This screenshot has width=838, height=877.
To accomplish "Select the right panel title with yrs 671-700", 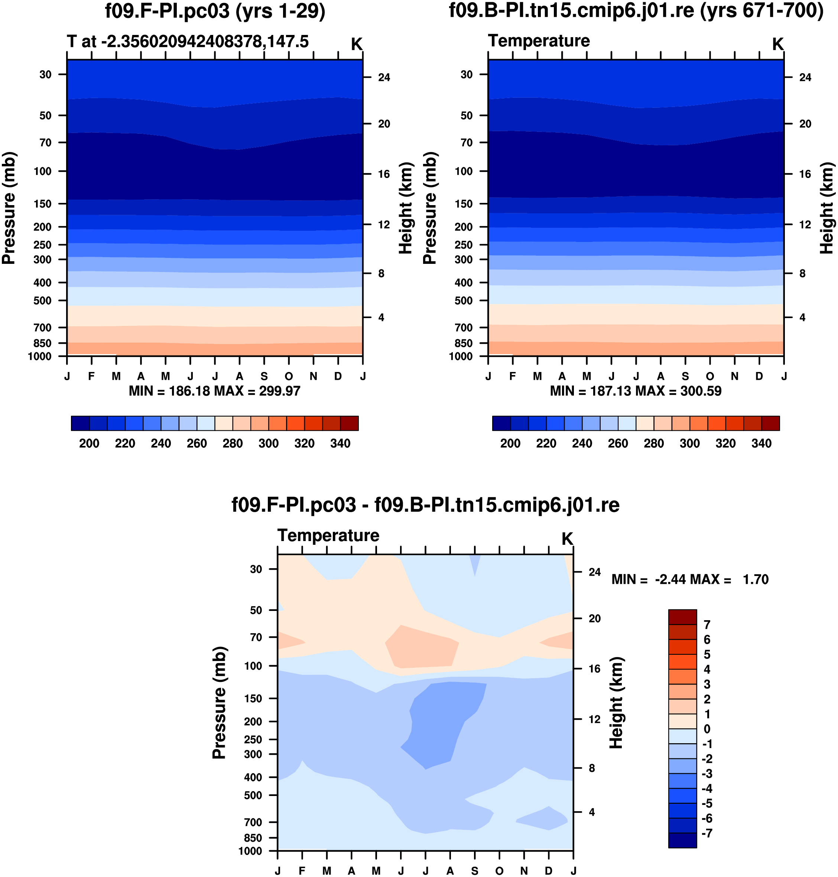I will coord(636,11).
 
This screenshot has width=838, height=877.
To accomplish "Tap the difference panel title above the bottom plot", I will coord(425,505).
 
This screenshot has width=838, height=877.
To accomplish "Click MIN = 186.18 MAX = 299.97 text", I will coord(214,391).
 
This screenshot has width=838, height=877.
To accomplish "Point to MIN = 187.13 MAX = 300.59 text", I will coord(636,391).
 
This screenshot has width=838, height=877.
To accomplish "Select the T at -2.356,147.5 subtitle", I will coord(188,42).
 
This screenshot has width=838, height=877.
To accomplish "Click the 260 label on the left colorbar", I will coord(196,444).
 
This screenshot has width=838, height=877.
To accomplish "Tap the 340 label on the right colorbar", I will coord(761,444).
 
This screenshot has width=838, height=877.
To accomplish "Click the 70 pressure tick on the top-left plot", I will coord(46,143).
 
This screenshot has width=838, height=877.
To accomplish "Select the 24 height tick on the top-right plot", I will coord(805,78).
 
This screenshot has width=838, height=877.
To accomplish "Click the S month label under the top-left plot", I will coord(264,376).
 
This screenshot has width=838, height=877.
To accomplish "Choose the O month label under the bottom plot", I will coord(499,871).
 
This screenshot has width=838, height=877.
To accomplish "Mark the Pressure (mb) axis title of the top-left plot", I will coord(9,208).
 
